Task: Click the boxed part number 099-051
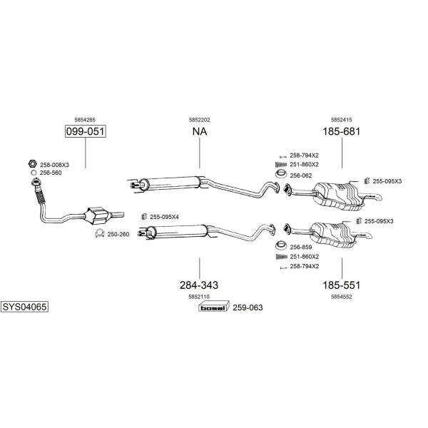click(x=85, y=132)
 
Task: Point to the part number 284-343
click(x=199, y=285)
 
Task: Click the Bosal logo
click(x=213, y=307)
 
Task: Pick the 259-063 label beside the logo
click(x=248, y=307)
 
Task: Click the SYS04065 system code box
click(x=24, y=307)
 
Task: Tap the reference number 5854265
click(x=85, y=120)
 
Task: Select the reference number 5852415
click(x=341, y=120)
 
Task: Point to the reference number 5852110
click(x=199, y=296)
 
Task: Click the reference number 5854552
click(x=341, y=296)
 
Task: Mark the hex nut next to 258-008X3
click(x=32, y=164)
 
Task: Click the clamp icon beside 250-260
click(x=100, y=234)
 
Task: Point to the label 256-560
click(x=50, y=173)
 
